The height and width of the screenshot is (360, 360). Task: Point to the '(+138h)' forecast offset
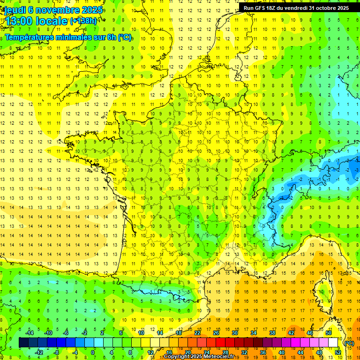(x=83, y=21)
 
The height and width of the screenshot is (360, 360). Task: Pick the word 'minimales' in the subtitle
(x=72, y=37)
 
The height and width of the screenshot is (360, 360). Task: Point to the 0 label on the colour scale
(x=93, y=352)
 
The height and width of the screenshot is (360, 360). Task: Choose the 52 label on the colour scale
(x=338, y=352)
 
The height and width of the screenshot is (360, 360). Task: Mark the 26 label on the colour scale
(x=216, y=333)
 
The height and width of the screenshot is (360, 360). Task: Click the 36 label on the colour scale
(x=262, y=352)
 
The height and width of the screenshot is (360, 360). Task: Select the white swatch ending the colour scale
(x=333, y=343)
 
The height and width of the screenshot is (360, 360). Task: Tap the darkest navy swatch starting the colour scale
(x=23, y=343)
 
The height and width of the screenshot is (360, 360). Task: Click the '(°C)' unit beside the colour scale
(x=349, y=343)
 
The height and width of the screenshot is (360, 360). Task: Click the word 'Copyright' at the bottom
(x=179, y=357)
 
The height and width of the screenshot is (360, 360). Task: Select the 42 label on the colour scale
(x=291, y=333)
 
